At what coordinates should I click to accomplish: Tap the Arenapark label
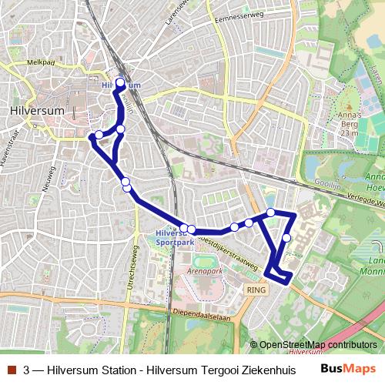click(x=204, y=272)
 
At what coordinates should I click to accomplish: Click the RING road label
click(x=256, y=289)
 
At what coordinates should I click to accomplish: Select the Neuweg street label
click(x=50, y=182)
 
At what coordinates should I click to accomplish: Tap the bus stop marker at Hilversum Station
click(x=120, y=83)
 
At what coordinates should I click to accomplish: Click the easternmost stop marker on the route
click(x=286, y=238)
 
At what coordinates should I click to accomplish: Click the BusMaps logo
click(x=349, y=369)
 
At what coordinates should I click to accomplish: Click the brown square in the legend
click(x=9, y=370)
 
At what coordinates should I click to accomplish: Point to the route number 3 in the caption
click(x=27, y=370)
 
